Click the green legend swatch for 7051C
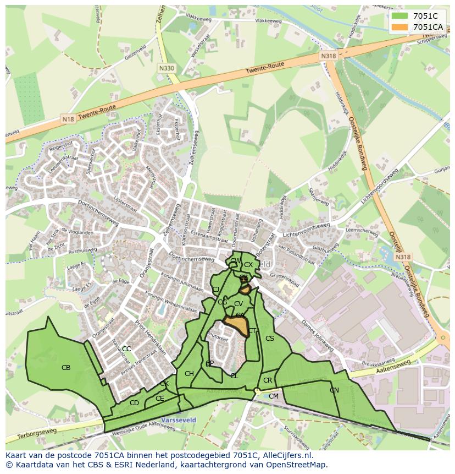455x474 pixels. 399,16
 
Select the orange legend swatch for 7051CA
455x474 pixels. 399,27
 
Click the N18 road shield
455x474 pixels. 68,119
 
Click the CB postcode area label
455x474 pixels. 66,367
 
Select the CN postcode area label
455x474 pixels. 334,390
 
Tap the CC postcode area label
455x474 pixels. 126,348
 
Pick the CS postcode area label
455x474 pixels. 269,338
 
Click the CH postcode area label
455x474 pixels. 189,374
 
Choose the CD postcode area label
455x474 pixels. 134,402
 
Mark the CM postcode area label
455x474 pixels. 274,396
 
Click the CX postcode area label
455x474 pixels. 248,265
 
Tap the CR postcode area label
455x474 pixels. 268,380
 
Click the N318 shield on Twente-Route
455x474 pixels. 328,56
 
